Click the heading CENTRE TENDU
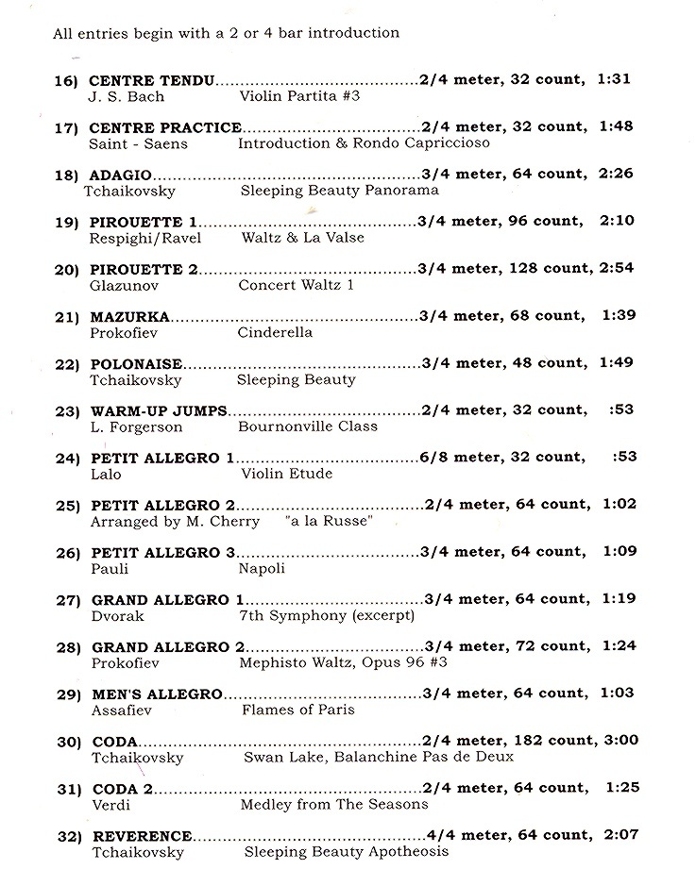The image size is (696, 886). (152, 80)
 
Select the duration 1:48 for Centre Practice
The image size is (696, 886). (615, 126)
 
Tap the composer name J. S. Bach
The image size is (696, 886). (127, 96)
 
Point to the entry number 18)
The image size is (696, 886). (67, 175)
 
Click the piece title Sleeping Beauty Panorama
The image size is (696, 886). (337, 191)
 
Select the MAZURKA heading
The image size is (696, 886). (130, 316)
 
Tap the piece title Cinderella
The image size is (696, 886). (275, 332)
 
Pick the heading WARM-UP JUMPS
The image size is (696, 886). (159, 410)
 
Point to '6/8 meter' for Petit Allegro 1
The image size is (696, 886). (457, 457)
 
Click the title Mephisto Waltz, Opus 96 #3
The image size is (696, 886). (344, 662)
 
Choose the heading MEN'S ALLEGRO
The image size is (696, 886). (157, 694)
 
